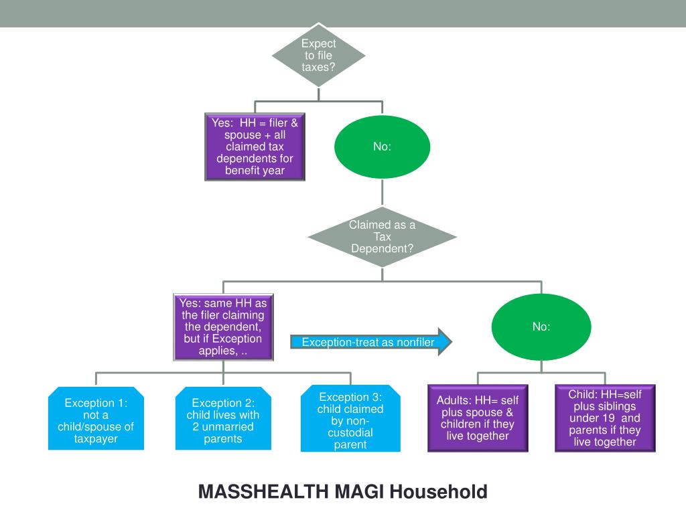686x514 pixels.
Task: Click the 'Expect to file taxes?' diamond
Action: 318,55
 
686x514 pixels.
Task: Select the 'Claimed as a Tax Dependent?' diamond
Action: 382,237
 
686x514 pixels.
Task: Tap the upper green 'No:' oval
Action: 382,147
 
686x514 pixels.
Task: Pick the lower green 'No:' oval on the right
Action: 541,327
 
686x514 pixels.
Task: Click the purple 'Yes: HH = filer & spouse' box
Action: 255,147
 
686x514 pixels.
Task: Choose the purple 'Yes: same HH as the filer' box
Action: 223,327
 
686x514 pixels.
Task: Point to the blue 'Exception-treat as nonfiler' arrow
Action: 371,342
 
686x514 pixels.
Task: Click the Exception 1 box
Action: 96,418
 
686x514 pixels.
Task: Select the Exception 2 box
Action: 223,418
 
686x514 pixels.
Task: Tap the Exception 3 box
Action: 350,418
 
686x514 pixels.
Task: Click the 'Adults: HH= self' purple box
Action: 478,418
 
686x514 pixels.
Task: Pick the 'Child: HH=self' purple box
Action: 605,418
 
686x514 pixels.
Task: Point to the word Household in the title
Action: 438,492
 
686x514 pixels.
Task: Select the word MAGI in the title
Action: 359,492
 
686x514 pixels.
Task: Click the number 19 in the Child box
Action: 608,418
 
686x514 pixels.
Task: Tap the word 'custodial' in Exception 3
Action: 350,433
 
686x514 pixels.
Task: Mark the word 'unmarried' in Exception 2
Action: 228,426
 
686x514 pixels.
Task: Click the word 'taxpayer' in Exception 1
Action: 96,439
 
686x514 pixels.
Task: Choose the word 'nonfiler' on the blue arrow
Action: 414,342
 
